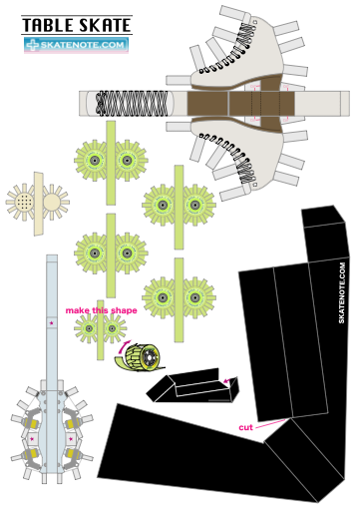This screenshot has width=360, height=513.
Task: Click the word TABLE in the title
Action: (48, 25)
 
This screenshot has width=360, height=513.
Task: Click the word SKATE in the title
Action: (105, 25)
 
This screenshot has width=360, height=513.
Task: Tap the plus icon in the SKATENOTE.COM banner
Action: (33, 45)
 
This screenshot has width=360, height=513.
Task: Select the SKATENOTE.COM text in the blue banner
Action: (82, 45)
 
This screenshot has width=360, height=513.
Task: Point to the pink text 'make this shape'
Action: (101, 310)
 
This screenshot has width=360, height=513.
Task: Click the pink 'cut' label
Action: (245, 427)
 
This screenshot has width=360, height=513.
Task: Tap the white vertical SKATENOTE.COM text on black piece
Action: (342, 292)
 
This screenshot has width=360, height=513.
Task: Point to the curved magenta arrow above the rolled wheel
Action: (124, 346)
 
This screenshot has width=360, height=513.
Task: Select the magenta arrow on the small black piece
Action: (227, 380)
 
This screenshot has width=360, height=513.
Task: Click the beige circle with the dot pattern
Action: (24, 202)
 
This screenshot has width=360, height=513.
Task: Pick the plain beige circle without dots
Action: (52, 203)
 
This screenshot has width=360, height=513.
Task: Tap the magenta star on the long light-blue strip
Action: (51, 322)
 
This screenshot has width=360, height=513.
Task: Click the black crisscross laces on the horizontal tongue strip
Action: (132, 103)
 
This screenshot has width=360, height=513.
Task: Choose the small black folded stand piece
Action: (192, 386)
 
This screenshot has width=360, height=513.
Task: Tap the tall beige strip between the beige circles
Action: (39, 204)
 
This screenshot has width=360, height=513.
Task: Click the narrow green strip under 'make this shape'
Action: (101, 330)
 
